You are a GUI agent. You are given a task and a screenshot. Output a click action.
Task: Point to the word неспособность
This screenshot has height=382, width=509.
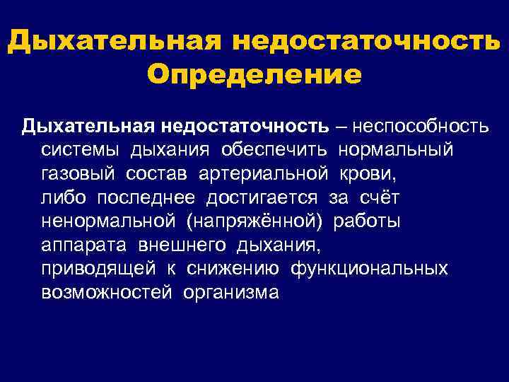428,127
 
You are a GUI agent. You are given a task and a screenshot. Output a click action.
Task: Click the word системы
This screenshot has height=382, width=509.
80,151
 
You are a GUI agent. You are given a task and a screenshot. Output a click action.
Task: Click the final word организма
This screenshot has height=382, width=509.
230,293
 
